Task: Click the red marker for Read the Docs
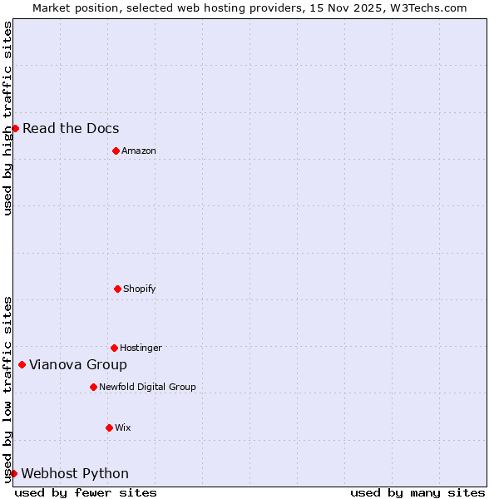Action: coord(15,128)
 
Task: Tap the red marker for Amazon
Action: coord(116,151)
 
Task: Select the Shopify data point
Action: coord(117,289)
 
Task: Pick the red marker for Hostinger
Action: coord(114,348)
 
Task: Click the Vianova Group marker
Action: coord(22,364)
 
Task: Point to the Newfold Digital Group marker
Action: coord(93,387)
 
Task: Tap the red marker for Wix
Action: coord(109,427)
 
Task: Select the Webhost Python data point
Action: coord(13,473)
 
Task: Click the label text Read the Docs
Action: coord(71,128)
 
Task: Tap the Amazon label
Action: coord(139,151)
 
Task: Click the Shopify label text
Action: coord(140,289)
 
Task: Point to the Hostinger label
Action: coord(141,348)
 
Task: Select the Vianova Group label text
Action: coord(78,364)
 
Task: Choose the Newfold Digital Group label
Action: coord(147,387)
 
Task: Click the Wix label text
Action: coord(123,427)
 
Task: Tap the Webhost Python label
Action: coord(75,473)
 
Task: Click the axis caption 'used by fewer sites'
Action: coord(86,492)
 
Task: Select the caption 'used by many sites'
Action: coord(417,492)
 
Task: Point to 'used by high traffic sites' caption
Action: coord(7,118)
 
